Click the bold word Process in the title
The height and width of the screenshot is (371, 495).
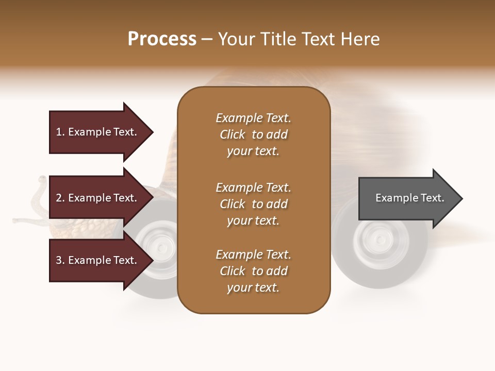(162, 39)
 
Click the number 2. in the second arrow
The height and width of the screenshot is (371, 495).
(60, 198)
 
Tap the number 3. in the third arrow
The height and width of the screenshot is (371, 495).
(60, 260)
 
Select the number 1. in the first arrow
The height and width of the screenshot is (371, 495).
(60, 132)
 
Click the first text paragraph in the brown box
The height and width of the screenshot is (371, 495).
(253, 134)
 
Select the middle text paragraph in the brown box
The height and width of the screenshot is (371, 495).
(253, 204)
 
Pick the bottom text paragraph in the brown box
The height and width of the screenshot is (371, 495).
(253, 271)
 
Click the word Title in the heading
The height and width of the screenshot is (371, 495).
(278, 39)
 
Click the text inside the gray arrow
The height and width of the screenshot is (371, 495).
(409, 198)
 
